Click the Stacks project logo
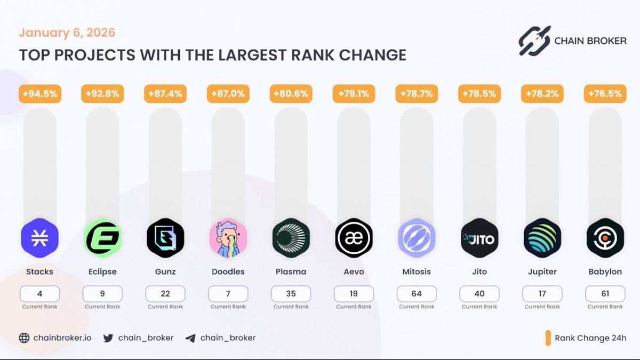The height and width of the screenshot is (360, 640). pos(39,238)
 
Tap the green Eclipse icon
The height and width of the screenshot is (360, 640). pos(102,238)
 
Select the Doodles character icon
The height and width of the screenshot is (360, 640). pos(228,238)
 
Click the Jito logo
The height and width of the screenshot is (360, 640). pos(479,238)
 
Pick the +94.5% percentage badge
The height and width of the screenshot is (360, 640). pos(40,94)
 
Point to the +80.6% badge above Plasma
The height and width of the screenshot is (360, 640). pos(291,94)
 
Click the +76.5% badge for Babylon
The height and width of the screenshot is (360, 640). pos(605,94)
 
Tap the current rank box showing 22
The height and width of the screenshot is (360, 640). pos(165,294)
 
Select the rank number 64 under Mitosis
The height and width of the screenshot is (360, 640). pos(417,294)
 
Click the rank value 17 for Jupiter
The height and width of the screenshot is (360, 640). pos(542,294)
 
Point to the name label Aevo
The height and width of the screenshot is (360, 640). pos(354,271)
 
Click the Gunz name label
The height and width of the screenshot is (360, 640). pos(165,271)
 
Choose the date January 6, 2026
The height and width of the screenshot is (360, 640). pos(67,33)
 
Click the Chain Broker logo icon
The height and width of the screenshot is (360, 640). pos(534,41)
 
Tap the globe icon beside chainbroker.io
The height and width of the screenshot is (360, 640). pos(24,338)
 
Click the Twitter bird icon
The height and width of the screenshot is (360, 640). pos(108,338)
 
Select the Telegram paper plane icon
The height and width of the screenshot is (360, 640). pos(190,338)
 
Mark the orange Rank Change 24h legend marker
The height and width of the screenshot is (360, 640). pos(548,338)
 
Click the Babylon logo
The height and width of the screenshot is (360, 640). pos(605,238)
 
